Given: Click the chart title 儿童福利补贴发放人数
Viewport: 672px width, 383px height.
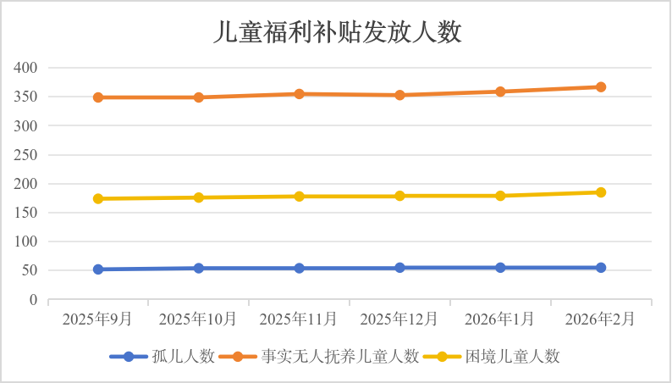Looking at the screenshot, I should tap(336, 32).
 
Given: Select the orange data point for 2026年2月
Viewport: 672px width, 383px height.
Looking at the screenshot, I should tap(601, 87).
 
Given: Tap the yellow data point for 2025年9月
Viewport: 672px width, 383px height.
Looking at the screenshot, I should tap(98, 198).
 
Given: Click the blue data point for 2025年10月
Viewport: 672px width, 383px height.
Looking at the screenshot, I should tap(199, 268).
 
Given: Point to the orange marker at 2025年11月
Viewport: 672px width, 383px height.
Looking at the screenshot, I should tap(300, 94).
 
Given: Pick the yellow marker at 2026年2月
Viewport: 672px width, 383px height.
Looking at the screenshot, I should tap(601, 192).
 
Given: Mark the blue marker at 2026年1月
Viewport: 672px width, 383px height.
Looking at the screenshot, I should tap(500, 267).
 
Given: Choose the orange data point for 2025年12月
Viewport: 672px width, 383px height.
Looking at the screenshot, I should tap(399, 95).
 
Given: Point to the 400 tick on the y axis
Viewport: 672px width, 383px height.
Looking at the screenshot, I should tap(27, 68).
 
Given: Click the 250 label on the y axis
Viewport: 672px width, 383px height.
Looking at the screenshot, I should tap(27, 155).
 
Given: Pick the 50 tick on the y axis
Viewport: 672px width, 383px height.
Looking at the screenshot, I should tap(30, 271).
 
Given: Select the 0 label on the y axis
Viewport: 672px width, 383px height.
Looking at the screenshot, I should tap(34, 300).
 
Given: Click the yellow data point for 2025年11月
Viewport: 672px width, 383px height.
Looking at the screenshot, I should tap(300, 197).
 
